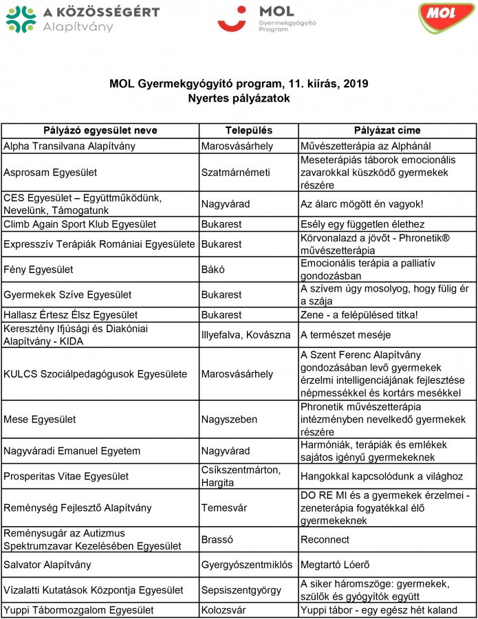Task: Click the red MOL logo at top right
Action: tap(446, 19)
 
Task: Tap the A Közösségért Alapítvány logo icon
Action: tap(21, 19)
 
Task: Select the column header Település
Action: tap(248, 131)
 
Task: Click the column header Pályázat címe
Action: tap(387, 131)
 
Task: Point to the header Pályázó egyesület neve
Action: tap(100, 131)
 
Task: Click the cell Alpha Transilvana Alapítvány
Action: tap(69, 146)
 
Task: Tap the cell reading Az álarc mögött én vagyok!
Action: tap(362, 204)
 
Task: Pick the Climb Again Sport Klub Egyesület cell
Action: tap(80, 224)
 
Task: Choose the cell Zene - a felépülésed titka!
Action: tap(359, 315)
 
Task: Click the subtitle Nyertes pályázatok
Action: tap(239, 98)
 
